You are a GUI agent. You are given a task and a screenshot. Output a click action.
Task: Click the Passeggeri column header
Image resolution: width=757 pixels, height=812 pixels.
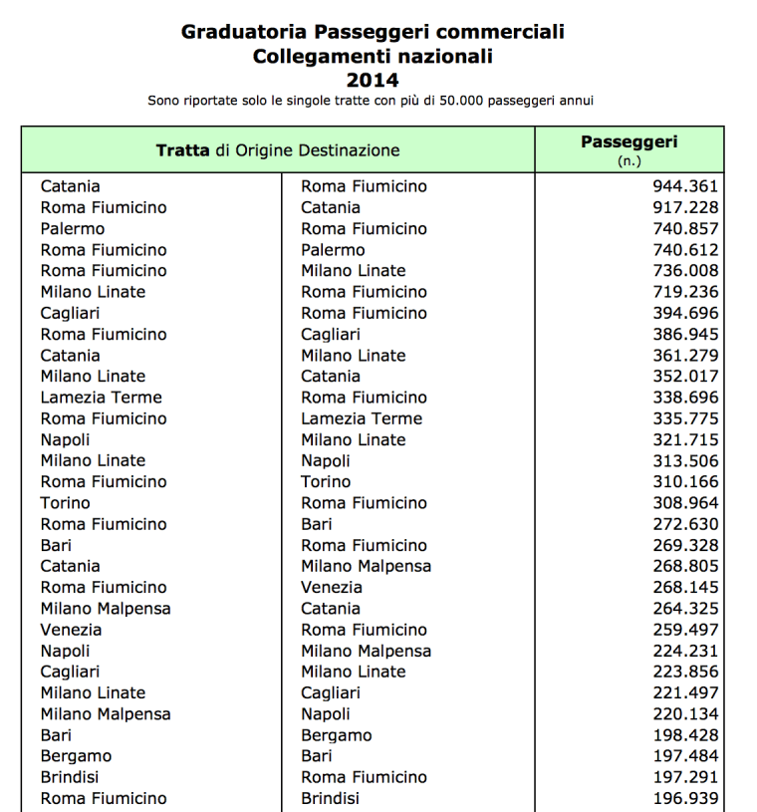(629, 142)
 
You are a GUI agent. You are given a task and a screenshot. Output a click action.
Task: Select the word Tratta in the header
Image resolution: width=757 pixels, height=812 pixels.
(182, 150)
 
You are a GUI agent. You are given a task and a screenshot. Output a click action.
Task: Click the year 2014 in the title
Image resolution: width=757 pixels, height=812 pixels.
(373, 81)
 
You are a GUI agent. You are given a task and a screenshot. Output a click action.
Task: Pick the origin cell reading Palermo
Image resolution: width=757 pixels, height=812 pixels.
(73, 229)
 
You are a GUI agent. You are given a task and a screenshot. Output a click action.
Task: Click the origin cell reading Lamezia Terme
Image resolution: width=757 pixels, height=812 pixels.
(101, 398)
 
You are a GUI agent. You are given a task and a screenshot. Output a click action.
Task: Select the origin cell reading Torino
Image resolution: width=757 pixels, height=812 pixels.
(65, 503)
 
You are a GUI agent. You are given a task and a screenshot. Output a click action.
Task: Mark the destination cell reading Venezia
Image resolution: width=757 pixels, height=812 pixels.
(332, 587)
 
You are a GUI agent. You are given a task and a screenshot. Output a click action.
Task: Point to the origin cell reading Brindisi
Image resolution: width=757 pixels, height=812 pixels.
(70, 777)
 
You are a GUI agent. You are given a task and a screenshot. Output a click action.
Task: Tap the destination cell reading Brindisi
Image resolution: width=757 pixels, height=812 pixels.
(330, 798)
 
